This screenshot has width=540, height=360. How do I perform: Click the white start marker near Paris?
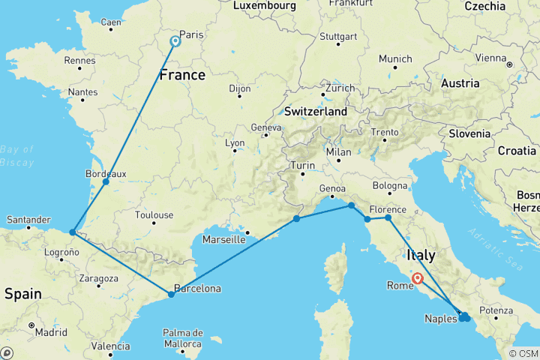(175, 42)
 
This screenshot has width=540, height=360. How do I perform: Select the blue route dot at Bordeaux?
(106, 181)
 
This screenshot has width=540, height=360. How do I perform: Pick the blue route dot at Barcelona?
(172, 294)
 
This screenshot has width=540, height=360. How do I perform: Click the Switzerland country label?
(316, 112)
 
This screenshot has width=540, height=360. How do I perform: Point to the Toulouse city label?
(154, 215)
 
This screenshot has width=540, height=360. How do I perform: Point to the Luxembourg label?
(263, 6)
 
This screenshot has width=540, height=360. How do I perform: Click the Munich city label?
(395, 59)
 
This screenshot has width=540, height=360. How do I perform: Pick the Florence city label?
(388, 209)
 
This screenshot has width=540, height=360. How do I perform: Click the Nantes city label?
(82, 92)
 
